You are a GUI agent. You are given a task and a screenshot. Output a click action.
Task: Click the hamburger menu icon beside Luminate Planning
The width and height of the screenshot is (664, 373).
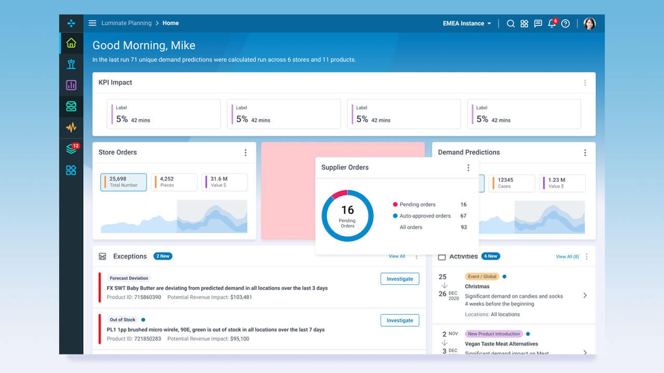coord(92,23)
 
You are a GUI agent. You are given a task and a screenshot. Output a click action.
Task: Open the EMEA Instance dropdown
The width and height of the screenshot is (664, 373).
coord(467,23)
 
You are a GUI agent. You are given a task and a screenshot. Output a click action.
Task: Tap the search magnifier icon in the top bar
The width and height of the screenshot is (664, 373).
coord(510,23)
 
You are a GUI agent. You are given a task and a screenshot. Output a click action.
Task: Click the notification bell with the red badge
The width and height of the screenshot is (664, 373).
coord(552,23)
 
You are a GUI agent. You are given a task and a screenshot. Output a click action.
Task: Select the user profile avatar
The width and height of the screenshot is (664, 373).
coord(589,23)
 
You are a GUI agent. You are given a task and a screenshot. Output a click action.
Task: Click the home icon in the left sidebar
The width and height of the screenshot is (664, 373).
coord(71,43)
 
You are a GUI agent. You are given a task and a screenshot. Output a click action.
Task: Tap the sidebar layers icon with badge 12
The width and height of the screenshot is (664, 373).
coord(71,149)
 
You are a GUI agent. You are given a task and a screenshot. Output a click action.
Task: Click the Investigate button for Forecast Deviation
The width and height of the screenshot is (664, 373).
coord(399,279)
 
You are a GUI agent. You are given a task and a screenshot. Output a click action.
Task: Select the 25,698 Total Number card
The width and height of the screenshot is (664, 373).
coord(123,182)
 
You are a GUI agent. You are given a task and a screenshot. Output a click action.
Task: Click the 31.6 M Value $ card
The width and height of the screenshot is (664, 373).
coord(225,182)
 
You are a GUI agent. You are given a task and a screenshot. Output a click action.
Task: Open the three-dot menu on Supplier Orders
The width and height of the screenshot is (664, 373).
coord(468,168)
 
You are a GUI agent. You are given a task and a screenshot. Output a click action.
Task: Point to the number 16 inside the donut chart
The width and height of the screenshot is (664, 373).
coord(348,210)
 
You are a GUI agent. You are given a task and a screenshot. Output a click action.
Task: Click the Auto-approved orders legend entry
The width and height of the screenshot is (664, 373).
coord(424,216)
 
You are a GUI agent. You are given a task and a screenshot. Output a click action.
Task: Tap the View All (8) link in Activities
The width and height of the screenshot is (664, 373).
coord(567,256)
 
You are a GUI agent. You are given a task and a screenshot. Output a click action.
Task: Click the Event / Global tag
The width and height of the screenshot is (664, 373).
coord(482,277)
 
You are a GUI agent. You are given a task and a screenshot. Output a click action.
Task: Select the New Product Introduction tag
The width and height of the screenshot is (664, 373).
coord(493,334)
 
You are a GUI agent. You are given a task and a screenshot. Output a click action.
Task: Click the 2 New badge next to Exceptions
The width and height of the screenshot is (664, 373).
coord(162,256)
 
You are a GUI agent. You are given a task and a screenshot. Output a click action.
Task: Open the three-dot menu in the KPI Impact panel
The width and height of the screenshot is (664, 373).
coord(585,83)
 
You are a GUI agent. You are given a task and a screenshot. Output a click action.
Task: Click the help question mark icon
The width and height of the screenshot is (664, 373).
coord(565,23)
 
